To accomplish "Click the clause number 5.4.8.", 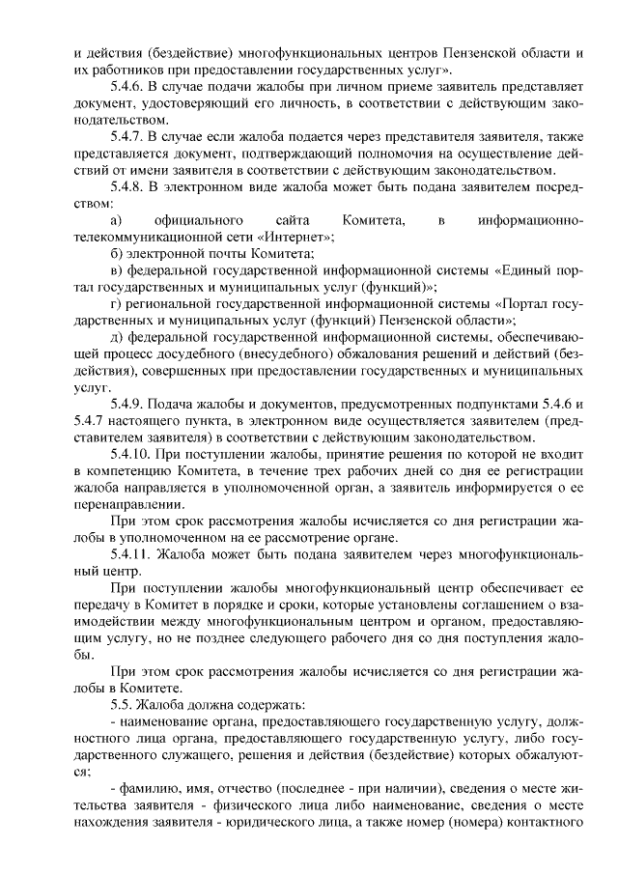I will click(130, 185).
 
